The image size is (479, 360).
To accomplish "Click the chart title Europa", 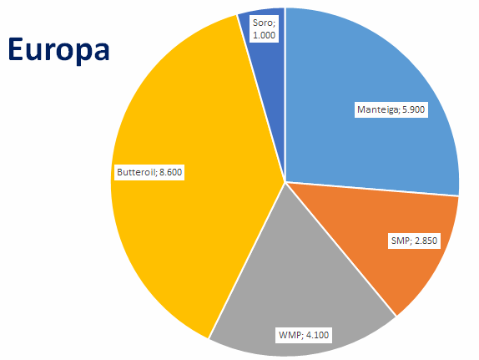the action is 58,49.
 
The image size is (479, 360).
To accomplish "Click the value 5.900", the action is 413,109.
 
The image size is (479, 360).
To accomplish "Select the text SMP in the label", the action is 401,241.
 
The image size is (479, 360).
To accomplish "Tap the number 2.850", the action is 426,241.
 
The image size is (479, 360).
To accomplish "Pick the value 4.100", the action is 317,335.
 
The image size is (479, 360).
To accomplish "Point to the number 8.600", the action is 170,172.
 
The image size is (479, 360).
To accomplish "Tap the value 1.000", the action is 265,35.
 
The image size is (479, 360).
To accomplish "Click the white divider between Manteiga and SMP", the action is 372,189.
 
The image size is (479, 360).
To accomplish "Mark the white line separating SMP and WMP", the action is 340,249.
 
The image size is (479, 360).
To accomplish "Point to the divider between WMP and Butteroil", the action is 247,261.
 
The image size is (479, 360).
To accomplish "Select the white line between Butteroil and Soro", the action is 261,99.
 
